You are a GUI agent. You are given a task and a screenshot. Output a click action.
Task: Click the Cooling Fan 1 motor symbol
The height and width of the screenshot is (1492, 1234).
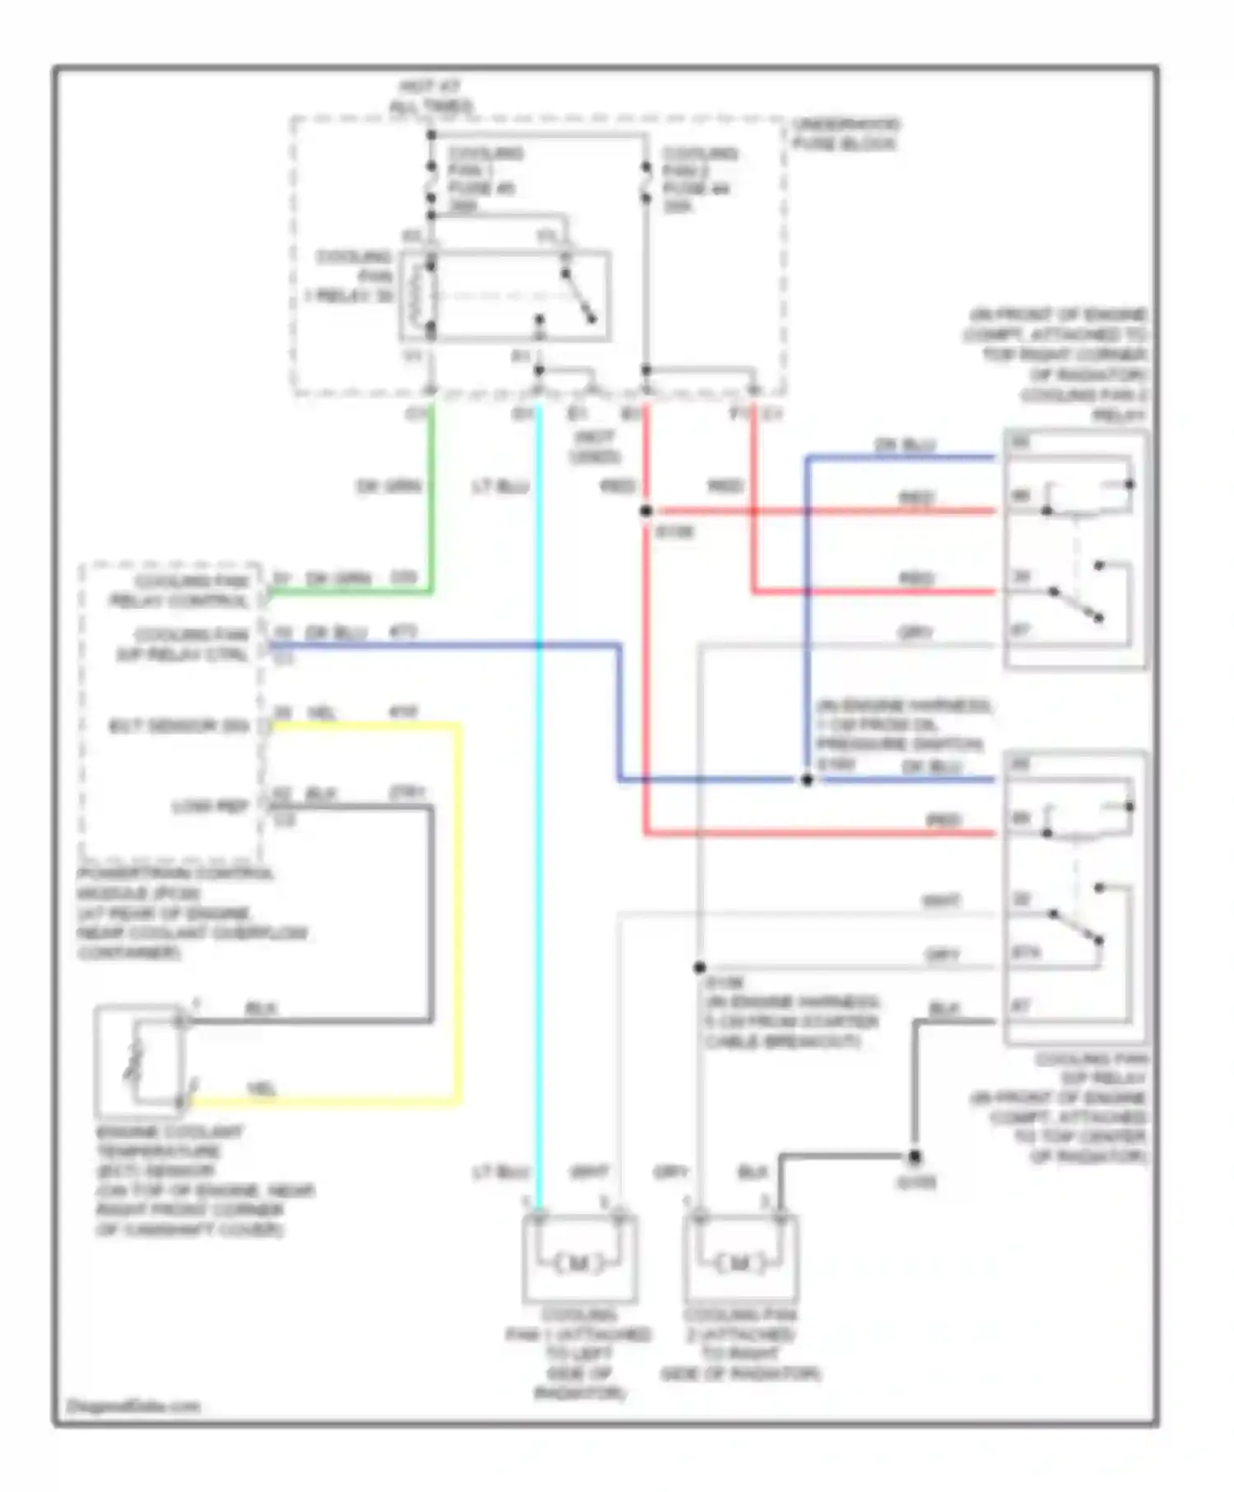pyautogui.click(x=578, y=1263)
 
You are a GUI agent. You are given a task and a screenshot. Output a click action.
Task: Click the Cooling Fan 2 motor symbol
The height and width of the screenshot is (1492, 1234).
pyautogui.click(x=740, y=1263)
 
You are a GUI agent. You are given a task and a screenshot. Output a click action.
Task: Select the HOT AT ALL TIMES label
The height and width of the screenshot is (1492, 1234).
pyautogui.click(x=431, y=96)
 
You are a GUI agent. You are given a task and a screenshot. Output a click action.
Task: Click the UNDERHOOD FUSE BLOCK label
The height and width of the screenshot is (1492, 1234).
pyautogui.click(x=845, y=134)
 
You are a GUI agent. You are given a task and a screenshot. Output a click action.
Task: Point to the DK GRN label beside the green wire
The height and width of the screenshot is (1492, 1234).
pyautogui.click(x=388, y=487)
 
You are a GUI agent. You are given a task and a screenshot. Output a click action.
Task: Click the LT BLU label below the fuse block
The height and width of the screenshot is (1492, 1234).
pyautogui.click(x=500, y=487)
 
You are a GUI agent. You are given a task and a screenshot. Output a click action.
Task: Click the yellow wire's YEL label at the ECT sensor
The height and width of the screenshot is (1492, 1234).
pyautogui.click(x=262, y=1089)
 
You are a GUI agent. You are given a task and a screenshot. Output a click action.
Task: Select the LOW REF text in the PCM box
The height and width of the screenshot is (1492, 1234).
pyautogui.click(x=211, y=807)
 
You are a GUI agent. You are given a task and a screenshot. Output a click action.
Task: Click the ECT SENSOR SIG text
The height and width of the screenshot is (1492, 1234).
pyautogui.click(x=179, y=726)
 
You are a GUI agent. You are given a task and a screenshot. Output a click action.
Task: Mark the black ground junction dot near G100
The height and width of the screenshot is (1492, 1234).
pyautogui.click(x=914, y=1157)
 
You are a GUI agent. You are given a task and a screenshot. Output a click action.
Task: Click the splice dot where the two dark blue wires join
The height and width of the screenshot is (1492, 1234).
pyautogui.click(x=807, y=780)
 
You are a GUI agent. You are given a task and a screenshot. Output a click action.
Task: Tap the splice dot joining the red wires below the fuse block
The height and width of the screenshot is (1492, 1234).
pyautogui.click(x=647, y=512)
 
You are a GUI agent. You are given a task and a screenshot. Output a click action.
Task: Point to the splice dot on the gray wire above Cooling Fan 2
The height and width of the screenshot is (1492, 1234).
pyautogui.click(x=699, y=968)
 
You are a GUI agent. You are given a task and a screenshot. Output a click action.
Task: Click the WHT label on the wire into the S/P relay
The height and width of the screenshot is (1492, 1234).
pyautogui.click(x=940, y=901)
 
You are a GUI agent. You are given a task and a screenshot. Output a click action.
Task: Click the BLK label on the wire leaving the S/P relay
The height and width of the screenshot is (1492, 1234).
pyautogui.click(x=944, y=1009)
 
